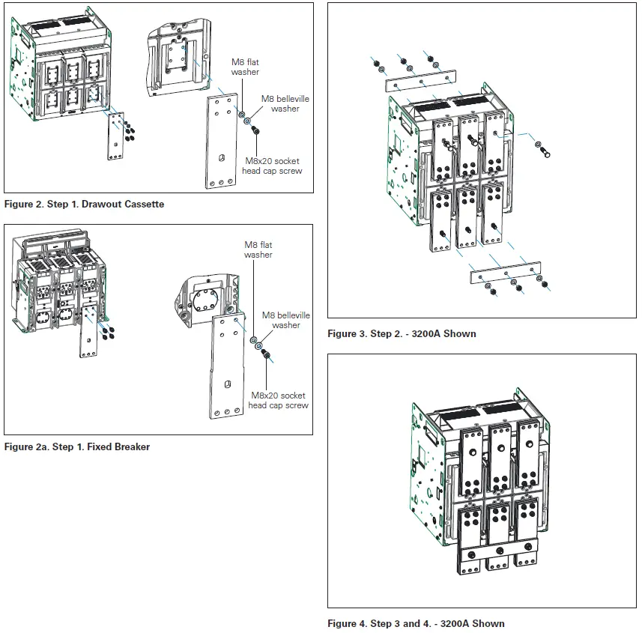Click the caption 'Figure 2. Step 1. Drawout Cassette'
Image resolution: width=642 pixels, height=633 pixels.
pyautogui.click(x=84, y=204)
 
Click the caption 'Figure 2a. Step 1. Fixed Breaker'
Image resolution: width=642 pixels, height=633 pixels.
pyautogui.click(x=77, y=446)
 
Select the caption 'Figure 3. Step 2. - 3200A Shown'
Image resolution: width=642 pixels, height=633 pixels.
pyautogui.click(x=402, y=333)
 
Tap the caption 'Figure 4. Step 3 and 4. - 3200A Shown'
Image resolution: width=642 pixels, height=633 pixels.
pyautogui.click(x=416, y=623)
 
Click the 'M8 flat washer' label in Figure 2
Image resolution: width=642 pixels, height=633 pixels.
pyautogui.click(x=245, y=67)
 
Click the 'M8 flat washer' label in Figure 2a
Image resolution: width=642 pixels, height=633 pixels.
pyautogui.click(x=258, y=249)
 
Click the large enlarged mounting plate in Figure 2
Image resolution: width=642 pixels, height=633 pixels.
pyautogui.click(x=222, y=142)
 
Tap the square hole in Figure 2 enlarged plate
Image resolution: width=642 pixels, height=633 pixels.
pyautogui.click(x=222, y=158)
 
